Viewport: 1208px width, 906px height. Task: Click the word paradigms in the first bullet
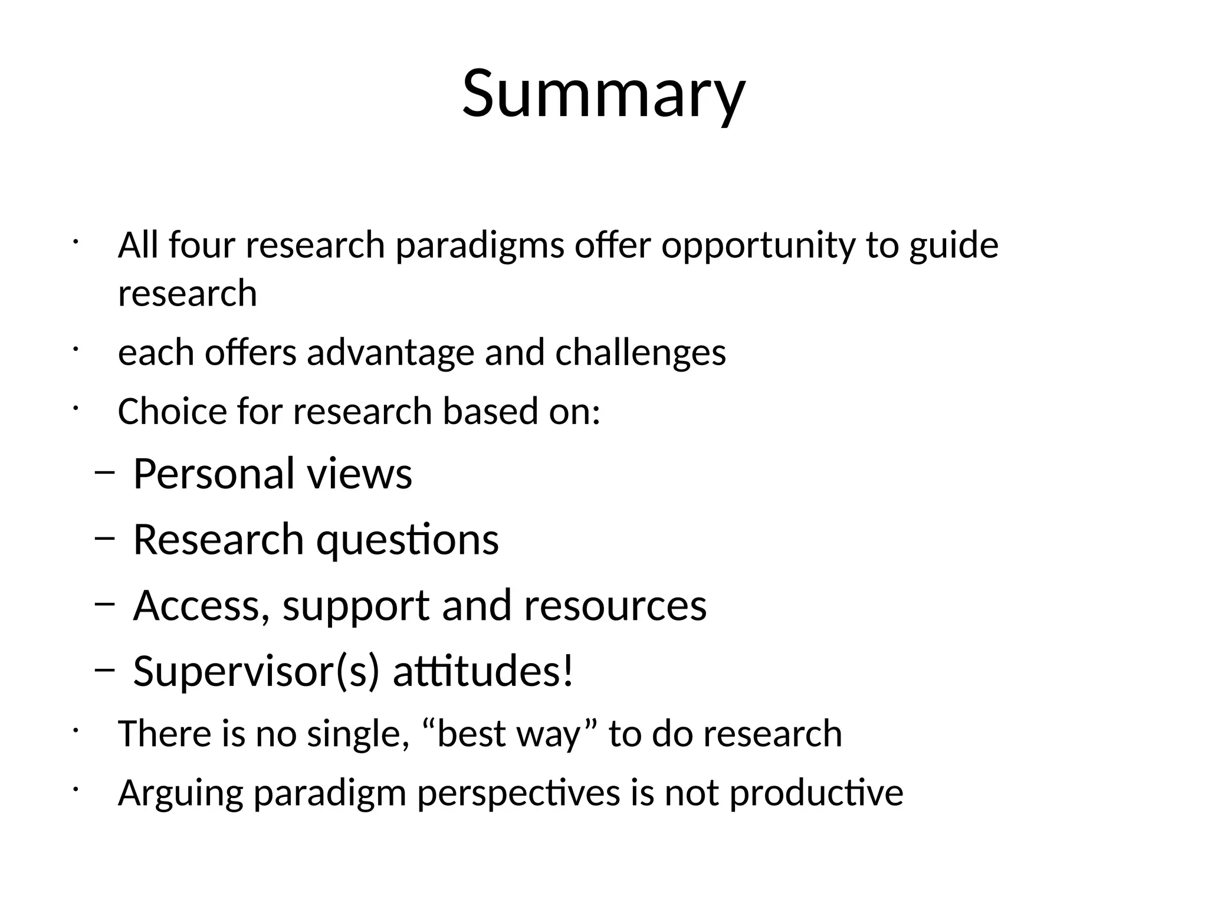tap(480, 246)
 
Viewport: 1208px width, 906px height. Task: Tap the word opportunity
tap(758, 246)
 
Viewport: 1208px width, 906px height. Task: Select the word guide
tap(953, 246)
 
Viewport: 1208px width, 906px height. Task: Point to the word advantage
tap(390, 353)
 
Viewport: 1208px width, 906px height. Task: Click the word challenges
tap(640, 353)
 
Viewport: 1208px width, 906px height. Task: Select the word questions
tap(408, 540)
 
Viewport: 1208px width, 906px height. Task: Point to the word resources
tap(615, 606)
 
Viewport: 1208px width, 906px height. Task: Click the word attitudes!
tap(483, 672)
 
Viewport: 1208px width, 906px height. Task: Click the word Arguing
tap(180, 793)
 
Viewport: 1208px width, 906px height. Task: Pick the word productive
tap(816, 793)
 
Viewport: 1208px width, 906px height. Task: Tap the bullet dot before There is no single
tap(75, 731)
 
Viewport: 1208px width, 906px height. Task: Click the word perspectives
tap(518, 793)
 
